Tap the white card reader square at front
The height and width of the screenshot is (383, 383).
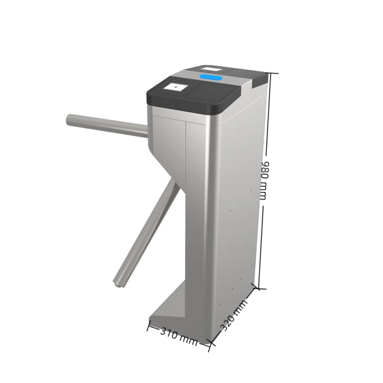click(175, 86)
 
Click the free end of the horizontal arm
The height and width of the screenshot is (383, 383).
click(69, 119)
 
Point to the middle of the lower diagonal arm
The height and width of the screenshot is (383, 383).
click(146, 233)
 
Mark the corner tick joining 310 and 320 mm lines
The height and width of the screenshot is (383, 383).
click(209, 345)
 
